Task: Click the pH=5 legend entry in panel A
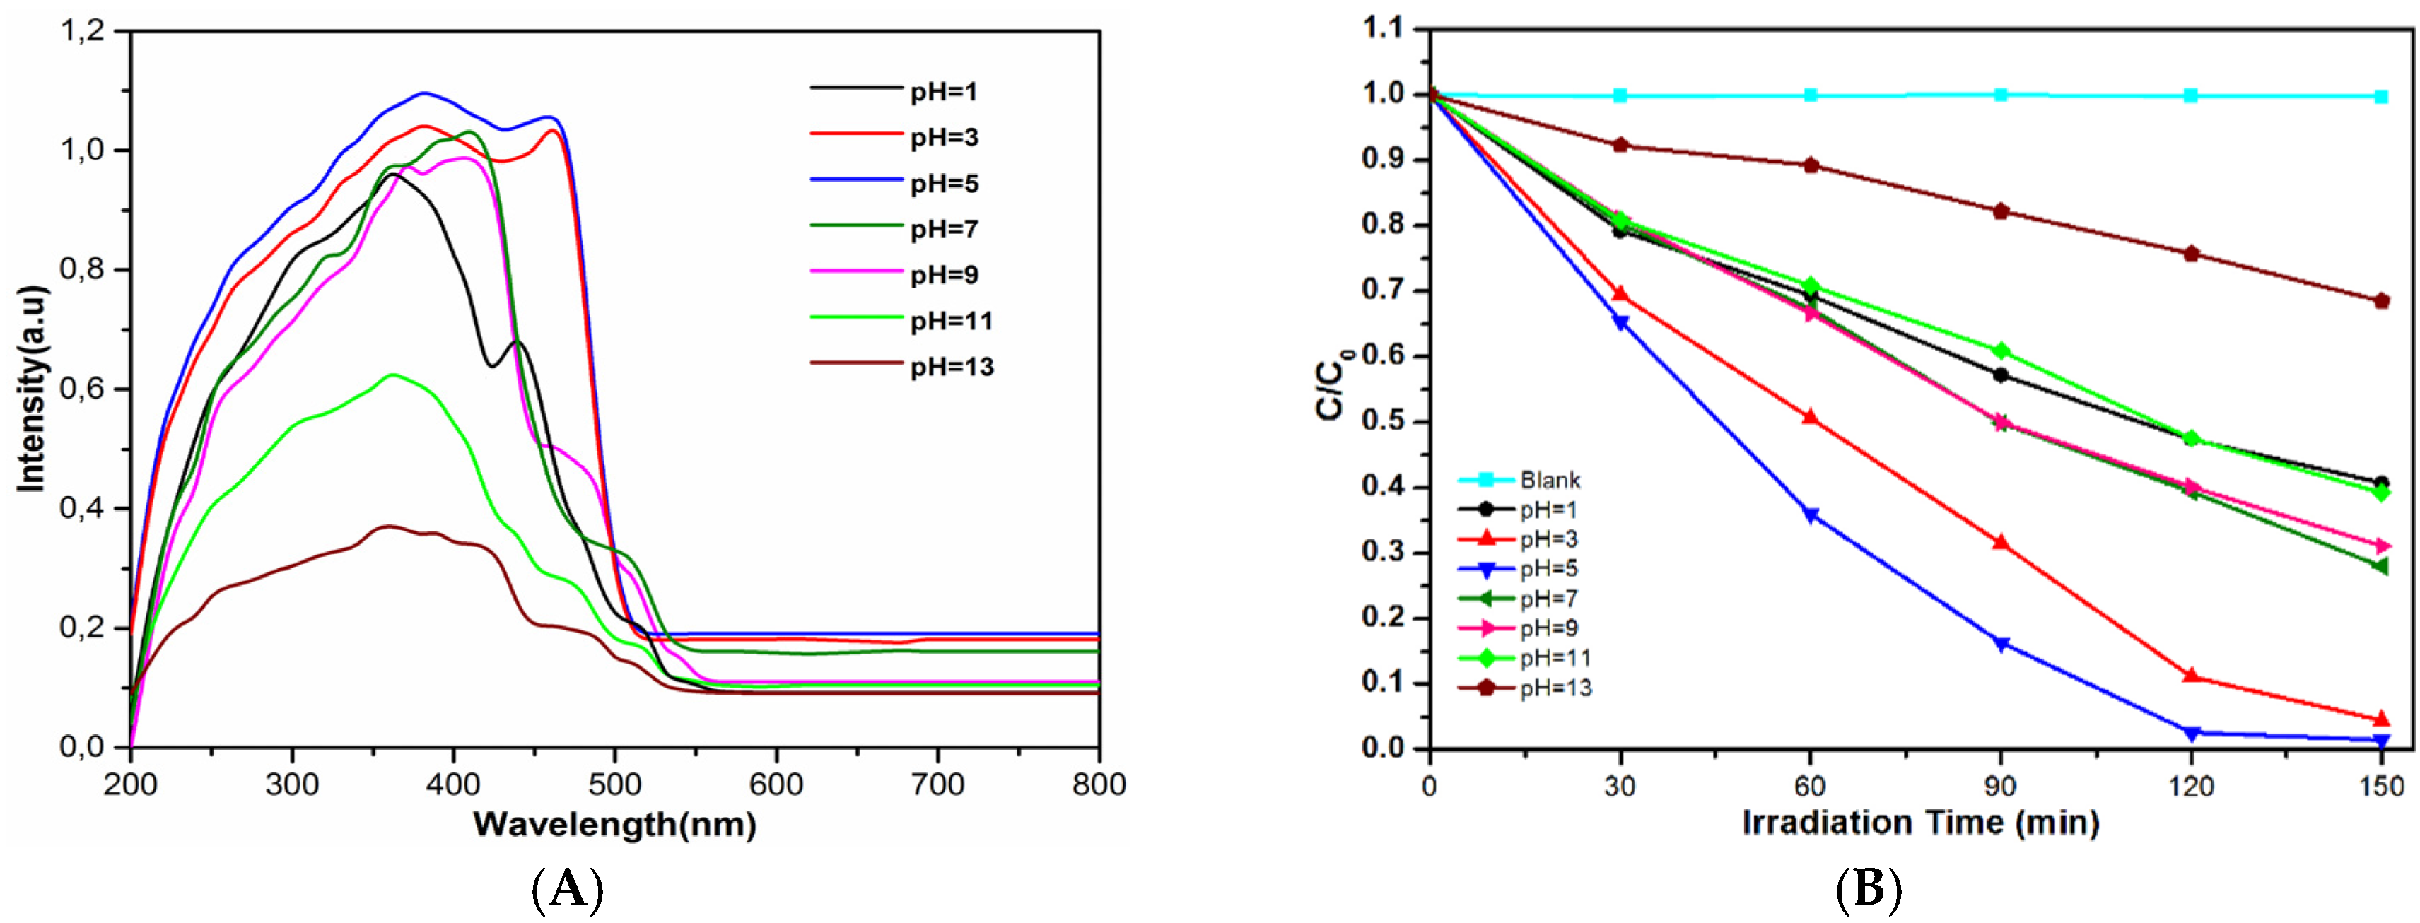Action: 943,183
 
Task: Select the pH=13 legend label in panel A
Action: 951,366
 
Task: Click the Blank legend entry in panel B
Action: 1549,480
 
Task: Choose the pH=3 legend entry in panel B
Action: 1549,539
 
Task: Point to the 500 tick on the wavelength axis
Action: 614,784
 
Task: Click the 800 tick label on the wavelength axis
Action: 1098,784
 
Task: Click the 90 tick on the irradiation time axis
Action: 2001,786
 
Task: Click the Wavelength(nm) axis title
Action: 614,824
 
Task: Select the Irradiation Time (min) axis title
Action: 1920,823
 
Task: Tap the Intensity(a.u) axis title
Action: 32,389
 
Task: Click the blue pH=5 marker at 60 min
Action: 1811,515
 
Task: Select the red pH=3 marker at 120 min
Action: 2191,675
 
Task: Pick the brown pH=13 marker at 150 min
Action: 2380,301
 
